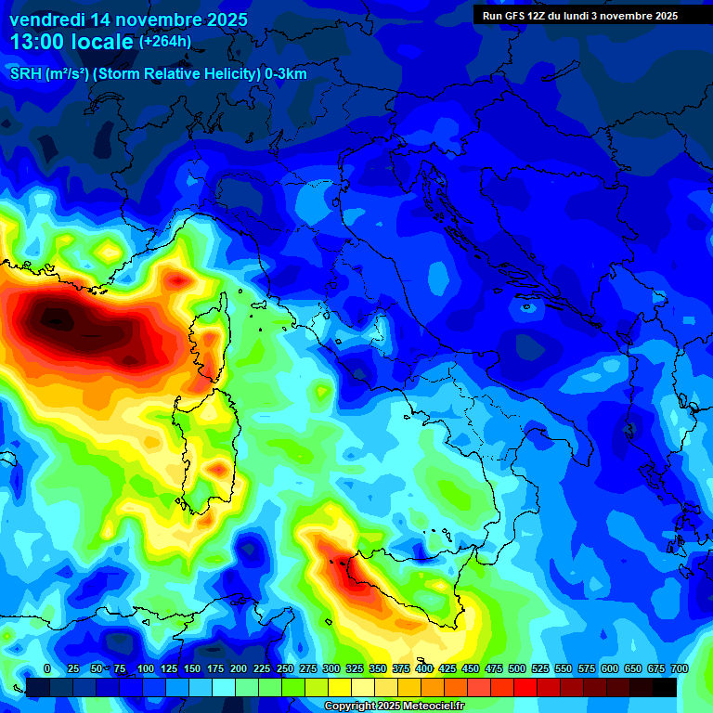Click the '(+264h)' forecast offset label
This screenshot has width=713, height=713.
click(166, 42)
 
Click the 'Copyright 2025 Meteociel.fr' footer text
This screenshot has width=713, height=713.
click(394, 707)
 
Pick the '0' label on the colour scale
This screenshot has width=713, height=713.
click(47, 668)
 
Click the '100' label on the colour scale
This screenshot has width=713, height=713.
click(145, 668)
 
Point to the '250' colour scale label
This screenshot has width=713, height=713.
click(284, 668)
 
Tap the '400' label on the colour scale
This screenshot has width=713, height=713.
click(424, 668)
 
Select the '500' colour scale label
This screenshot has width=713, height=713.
click(517, 668)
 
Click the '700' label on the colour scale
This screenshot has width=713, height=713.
click(679, 668)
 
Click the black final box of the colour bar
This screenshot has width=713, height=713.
click(664, 687)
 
